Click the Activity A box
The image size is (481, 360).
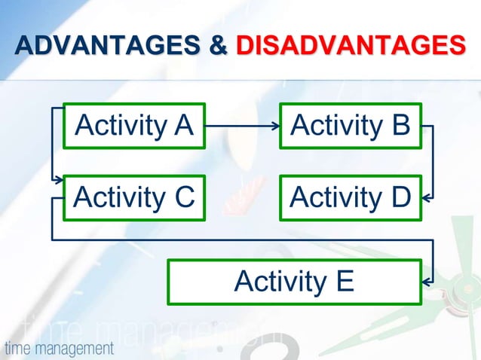(134, 125)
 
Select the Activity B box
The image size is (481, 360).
(351, 125)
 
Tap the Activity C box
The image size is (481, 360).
(134, 198)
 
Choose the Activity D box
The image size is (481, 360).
(351, 198)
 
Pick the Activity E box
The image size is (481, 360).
(294, 282)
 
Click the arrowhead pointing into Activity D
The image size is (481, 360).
(427, 199)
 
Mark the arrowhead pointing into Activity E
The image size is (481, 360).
(427, 282)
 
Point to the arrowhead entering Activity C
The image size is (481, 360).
(59, 181)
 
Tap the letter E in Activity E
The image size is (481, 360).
(344, 282)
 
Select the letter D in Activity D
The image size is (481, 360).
(400, 198)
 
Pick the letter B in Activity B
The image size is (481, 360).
(400, 125)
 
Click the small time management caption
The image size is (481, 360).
(59, 349)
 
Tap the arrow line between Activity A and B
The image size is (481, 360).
(241, 126)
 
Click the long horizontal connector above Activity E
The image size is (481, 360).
(241, 240)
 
